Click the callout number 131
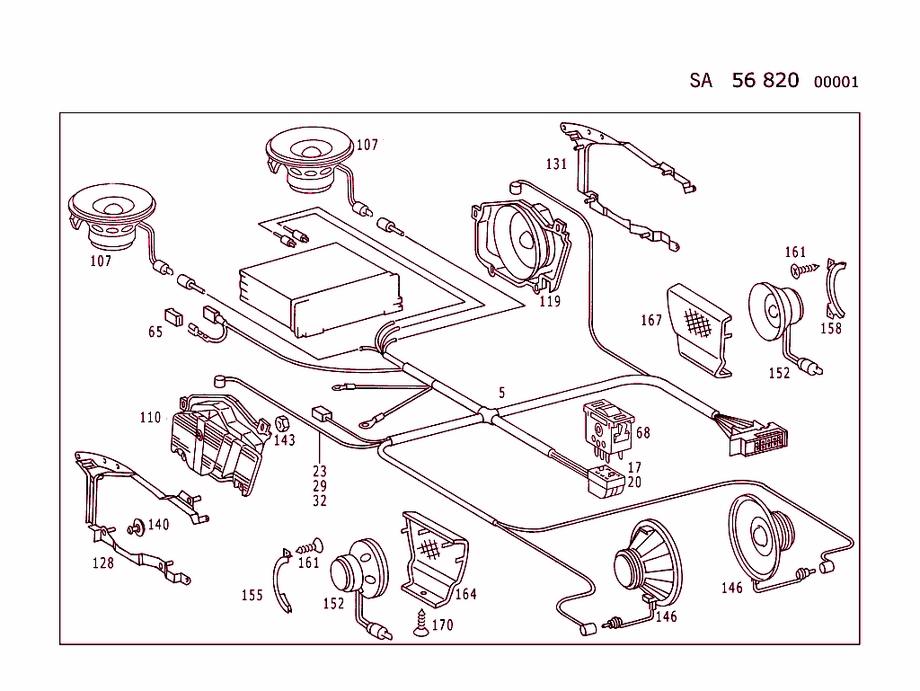(x=556, y=164)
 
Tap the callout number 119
(x=550, y=301)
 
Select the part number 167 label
(x=651, y=320)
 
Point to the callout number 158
(x=831, y=329)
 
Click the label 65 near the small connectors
(x=155, y=332)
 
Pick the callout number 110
(x=150, y=417)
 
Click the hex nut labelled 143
(x=279, y=422)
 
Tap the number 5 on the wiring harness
(x=502, y=393)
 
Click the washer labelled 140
(x=138, y=526)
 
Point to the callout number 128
(x=103, y=563)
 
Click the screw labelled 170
(x=420, y=623)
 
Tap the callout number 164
(x=465, y=594)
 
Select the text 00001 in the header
(x=836, y=82)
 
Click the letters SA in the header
(x=701, y=81)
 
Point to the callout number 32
(x=320, y=501)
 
